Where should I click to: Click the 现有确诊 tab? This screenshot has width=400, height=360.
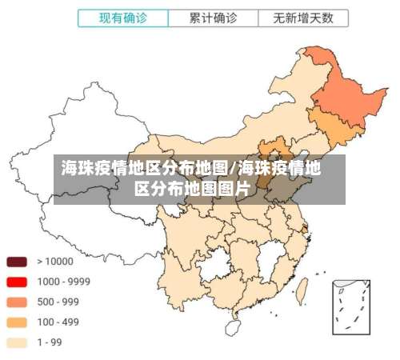[124, 16]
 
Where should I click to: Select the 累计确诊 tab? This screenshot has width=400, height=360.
[213, 16]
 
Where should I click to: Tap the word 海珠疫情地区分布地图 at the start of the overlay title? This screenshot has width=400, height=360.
[145, 169]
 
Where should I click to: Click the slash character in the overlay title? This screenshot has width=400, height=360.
[233, 169]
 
